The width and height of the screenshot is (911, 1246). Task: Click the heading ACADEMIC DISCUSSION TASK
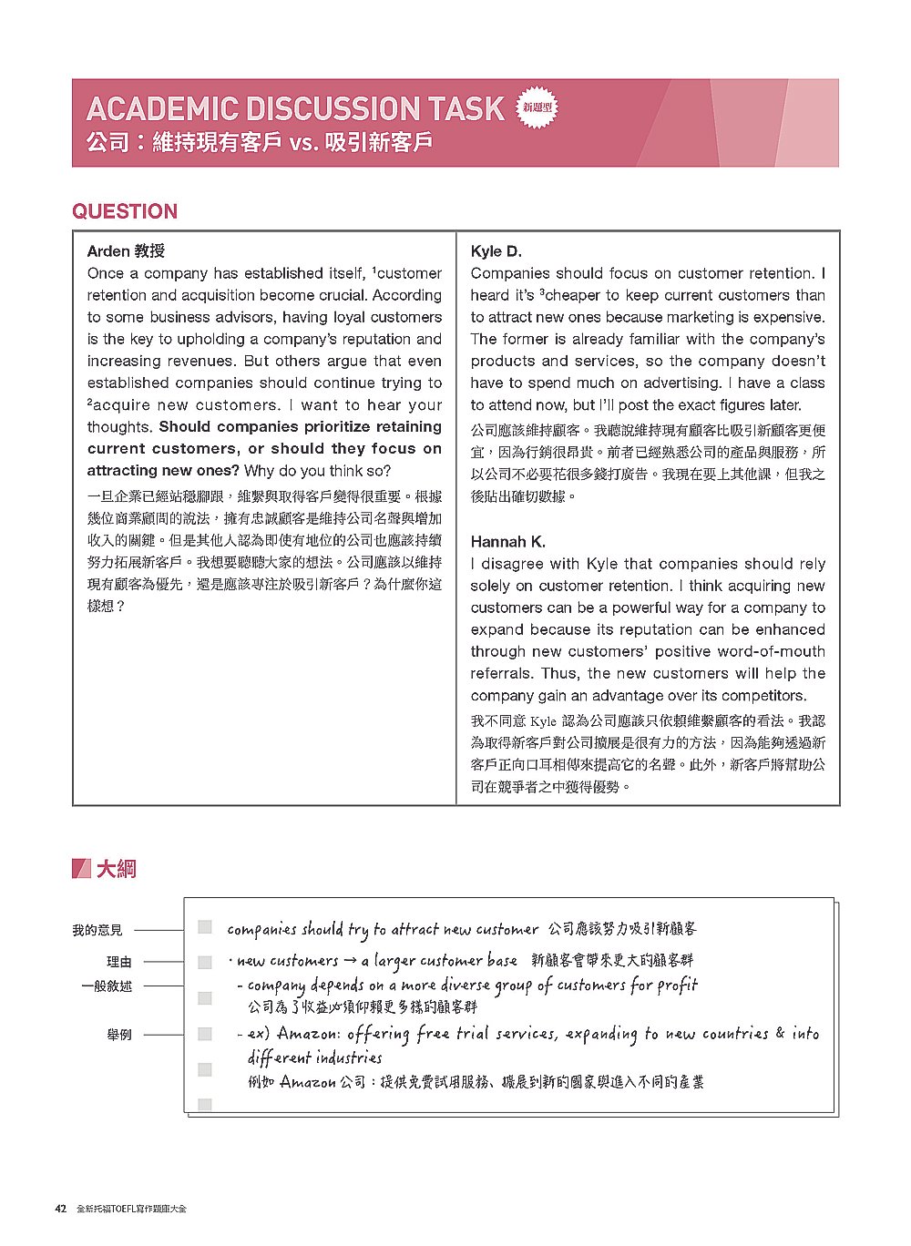[294, 109]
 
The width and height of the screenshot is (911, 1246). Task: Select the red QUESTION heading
[125, 211]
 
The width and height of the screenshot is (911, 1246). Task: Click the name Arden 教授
[126, 251]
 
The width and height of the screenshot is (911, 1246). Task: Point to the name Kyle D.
[496, 251]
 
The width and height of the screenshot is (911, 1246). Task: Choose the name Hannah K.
[508, 542]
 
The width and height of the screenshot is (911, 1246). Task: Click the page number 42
[61, 1209]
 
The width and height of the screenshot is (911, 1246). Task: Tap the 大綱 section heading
[117, 869]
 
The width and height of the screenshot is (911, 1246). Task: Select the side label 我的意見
[97, 930]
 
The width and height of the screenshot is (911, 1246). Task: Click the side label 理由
[119, 961]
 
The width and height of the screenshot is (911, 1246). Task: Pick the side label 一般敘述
[107, 986]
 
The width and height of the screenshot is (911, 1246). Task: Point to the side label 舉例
[119, 1035]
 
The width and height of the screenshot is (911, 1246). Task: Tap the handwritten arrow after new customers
[350, 961]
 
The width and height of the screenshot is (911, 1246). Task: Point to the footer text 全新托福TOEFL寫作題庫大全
[138, 1209]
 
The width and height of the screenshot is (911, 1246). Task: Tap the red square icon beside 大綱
[81, 869]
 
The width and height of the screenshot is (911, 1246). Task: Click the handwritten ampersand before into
[780, 1033]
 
